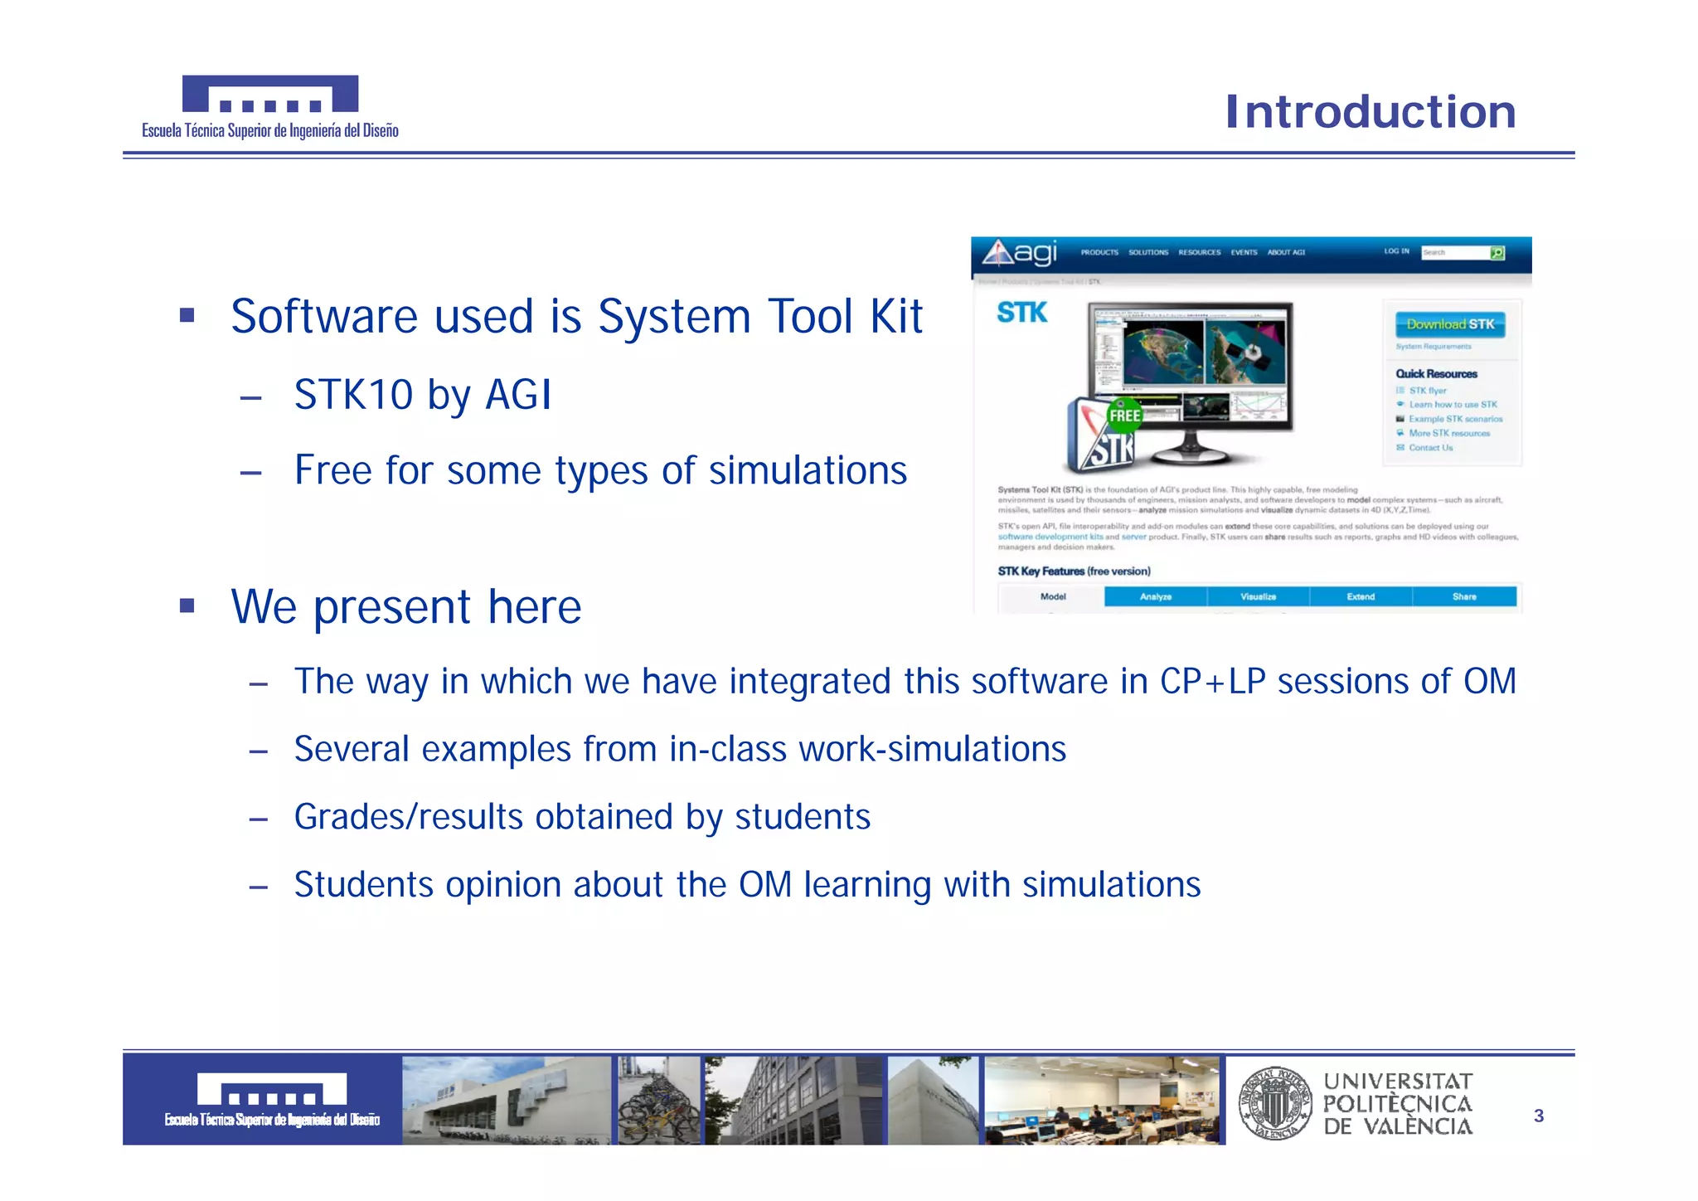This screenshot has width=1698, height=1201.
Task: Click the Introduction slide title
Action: [1370, 112]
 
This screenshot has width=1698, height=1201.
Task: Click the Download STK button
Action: [1449, 324]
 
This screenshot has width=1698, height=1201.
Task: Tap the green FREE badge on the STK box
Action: [1124, 416]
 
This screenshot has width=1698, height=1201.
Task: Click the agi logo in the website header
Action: [1020, 253]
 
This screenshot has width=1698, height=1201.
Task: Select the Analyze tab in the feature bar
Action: [1155, 596]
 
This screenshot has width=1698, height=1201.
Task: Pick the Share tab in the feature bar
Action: [1463, 596]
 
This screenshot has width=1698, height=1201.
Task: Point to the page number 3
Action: [1539, 1116]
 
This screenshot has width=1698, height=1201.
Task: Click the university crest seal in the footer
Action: [1274, 1102]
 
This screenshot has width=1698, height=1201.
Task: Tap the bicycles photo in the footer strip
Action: [658, 1101]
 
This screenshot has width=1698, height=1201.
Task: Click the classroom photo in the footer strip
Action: [1102, 1101]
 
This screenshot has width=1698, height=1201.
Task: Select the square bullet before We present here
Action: [187, 606]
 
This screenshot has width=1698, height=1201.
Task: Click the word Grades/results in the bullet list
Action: [408, 817]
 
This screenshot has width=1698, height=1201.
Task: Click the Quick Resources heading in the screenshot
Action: [1436, 374]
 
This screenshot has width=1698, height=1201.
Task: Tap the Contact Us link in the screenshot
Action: [1430, 448]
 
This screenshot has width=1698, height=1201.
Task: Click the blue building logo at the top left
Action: [270, 94]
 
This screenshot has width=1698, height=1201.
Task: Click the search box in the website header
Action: [1454, 252]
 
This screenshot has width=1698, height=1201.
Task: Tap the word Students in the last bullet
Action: [363, 885]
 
